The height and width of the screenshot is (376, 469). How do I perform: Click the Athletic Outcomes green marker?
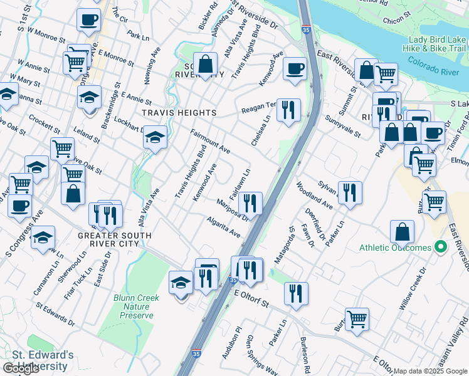[x=440, y=248]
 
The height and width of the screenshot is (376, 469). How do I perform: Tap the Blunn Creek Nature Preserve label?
[x=134, y=306]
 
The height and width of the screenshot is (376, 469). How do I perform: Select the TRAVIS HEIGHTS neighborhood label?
[x=179, y=113]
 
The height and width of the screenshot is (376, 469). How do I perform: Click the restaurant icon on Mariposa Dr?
[x=250, y=203]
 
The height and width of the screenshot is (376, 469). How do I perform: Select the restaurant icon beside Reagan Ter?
[x=288, y=110]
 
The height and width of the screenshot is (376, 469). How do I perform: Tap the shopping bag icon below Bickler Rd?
[x=205, y=63]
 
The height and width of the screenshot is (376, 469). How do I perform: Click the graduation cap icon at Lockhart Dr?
[x=154, y=137]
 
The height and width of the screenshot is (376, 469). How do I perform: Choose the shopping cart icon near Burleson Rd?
[x=357, y=319]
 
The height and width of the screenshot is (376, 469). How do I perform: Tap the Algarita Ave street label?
[x=224, y=227]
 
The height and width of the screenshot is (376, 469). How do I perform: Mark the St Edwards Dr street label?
[x=55, y=315]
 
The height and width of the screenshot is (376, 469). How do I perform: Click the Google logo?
[x=21, y=368]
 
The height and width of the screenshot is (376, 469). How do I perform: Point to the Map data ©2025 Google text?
[x=430, y=371]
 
